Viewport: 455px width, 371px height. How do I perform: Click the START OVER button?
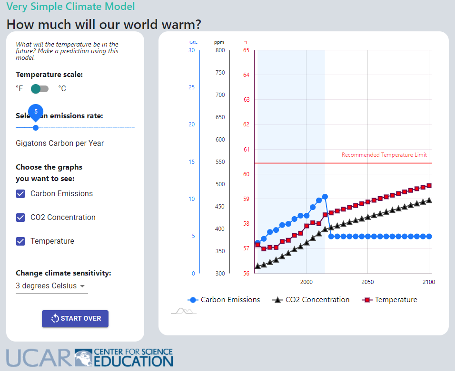(x=75, y=319)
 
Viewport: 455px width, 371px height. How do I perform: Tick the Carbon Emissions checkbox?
(x=20, y=194)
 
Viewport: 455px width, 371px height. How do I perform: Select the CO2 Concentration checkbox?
(x=20, y=218)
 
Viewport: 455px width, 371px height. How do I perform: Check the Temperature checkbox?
(x=20, y=241)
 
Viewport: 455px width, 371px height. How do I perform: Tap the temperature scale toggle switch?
(x=40, y=89)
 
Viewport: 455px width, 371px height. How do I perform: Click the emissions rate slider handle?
(x=36, y=128)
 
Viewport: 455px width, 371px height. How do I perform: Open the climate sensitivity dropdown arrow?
(x=82, y=286)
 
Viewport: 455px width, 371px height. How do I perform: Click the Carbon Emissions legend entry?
(x=224, y=300)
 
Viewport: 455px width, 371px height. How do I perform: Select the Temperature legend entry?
(x=390, y=300)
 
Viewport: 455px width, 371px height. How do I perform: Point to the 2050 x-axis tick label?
(x=367, y=282)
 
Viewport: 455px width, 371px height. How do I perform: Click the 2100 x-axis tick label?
(x=429, y=282)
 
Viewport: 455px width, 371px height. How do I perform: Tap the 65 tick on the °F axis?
(x=246, y=50)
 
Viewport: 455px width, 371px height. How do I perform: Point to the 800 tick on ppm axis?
(x=220, y=50)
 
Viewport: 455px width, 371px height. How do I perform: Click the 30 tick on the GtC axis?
(x=191, y=50)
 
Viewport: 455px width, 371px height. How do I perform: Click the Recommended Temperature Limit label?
(x=384, y=155)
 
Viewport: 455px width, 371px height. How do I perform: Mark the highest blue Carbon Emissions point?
(x=325, y=197)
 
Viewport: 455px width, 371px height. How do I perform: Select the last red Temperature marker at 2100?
(x=429, y=186)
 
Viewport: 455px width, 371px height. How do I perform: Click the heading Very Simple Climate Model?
(x=70, y=7)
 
